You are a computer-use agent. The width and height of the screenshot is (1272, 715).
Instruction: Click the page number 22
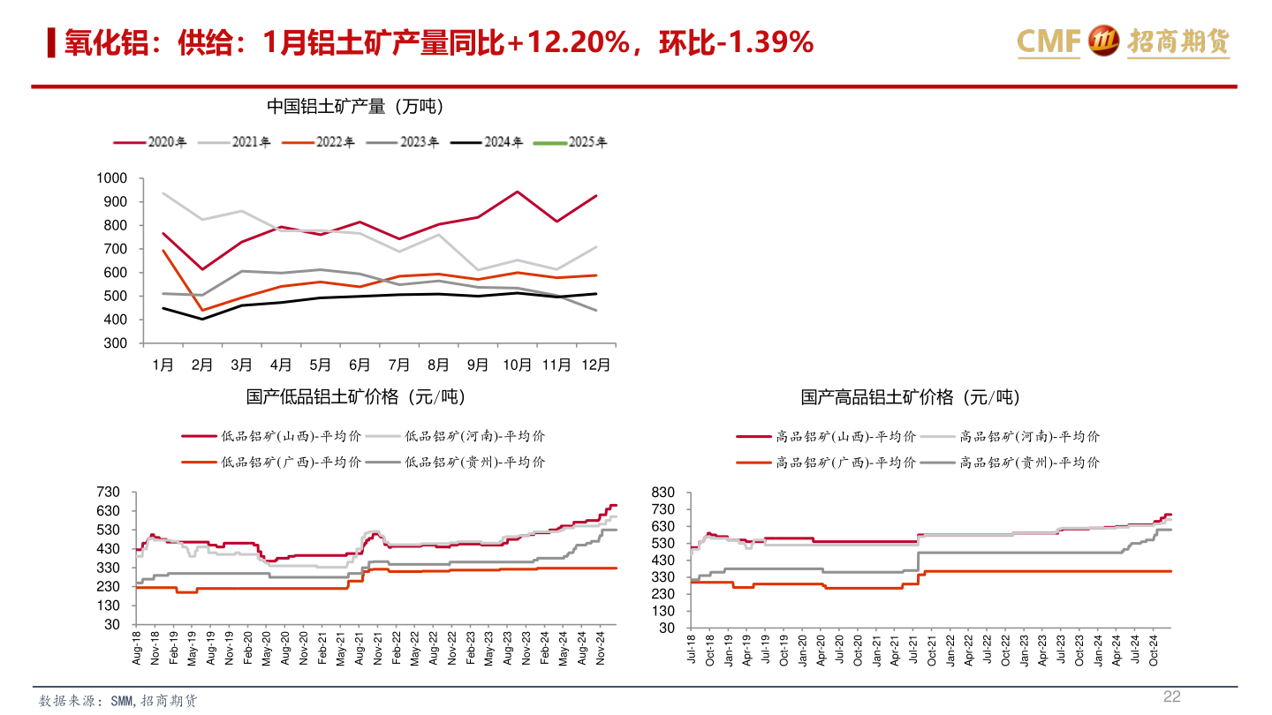tap(1171, 696)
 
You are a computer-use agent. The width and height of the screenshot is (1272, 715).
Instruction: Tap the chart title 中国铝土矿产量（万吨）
tap(355, 107)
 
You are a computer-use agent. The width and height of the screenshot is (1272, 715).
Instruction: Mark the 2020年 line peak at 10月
tap(518, 192)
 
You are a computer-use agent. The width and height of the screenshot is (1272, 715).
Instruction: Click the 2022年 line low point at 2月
tap(202, 311)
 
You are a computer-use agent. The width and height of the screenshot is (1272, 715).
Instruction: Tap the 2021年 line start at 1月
tap(163, 193)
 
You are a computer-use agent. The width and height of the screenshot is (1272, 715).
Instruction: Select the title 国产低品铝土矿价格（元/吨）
tap(355, 397)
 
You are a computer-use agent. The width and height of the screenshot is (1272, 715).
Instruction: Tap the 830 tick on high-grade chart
tap(662, 493)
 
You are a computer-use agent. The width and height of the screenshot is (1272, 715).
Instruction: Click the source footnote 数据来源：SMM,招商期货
tap(118, 701)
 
